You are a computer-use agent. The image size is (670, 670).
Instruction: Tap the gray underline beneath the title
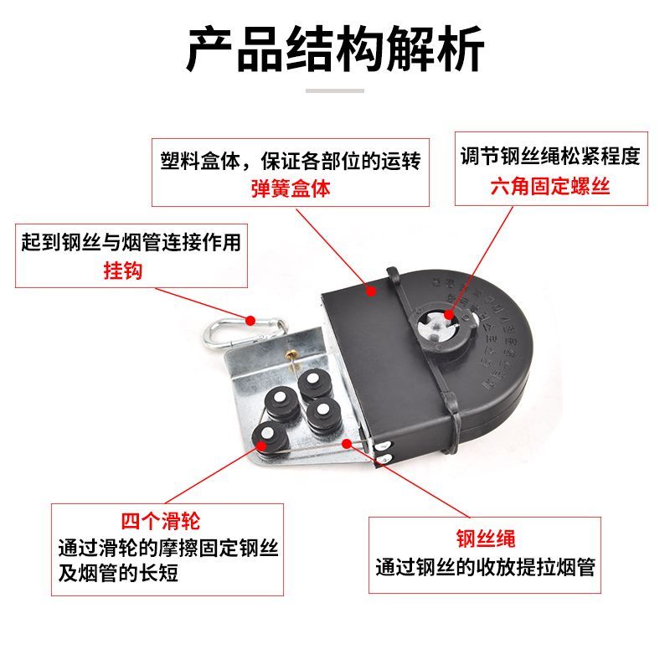[335, 90]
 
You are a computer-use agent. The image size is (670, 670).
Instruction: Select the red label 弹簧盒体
[291, 188]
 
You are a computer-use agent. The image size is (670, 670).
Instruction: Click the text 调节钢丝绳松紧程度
[550, 157]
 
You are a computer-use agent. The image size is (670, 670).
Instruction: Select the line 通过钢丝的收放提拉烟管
[485, 567]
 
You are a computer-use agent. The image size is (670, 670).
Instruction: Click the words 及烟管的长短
[118, 575]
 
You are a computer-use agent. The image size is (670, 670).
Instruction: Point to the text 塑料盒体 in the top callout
[194, 160]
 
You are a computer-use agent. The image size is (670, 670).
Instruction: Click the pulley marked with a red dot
[268, 435]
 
